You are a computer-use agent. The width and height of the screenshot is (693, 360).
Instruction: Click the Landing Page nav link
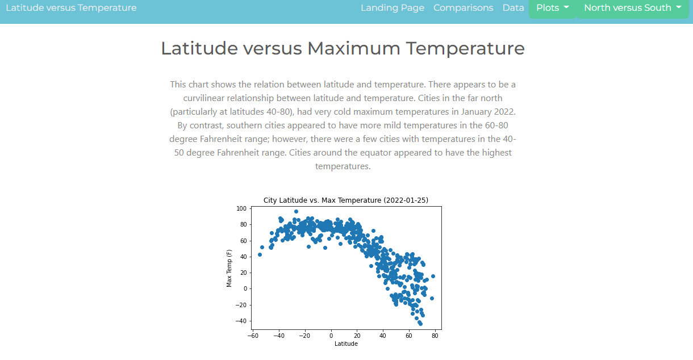(x=393, y=8)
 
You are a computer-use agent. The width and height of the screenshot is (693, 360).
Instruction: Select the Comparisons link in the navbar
(x=463, y=8)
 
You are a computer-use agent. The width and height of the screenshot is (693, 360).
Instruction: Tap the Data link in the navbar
(x=513, y=8)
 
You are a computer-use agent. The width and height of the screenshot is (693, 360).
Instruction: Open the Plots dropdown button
(x=552, y=8)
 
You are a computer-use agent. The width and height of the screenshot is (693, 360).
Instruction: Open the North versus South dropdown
(x=632, y=8)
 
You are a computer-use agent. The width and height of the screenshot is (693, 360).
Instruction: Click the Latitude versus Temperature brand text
(x=71, y=8)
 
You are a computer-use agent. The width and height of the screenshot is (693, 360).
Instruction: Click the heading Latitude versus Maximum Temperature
(x=343, y=48)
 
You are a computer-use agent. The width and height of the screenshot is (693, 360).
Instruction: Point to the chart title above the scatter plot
(x=345, y=200)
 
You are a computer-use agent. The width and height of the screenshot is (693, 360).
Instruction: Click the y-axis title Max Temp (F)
(x=229, y=268)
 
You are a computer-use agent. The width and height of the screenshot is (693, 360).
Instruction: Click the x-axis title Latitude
(x=346, y=344)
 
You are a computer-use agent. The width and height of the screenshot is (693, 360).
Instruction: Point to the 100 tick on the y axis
(x=242, y=209)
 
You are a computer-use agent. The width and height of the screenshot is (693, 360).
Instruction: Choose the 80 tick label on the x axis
(x=435, y=335)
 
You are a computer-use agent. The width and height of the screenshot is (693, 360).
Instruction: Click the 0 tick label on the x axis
(x=331, y=335)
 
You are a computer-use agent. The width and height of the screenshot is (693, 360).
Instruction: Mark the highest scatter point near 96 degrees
(x=296, y=212)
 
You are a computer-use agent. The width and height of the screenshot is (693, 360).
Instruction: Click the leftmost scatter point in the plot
(x=260, y=254)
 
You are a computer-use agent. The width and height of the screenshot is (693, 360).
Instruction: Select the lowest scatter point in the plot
(x=420, y=324)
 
